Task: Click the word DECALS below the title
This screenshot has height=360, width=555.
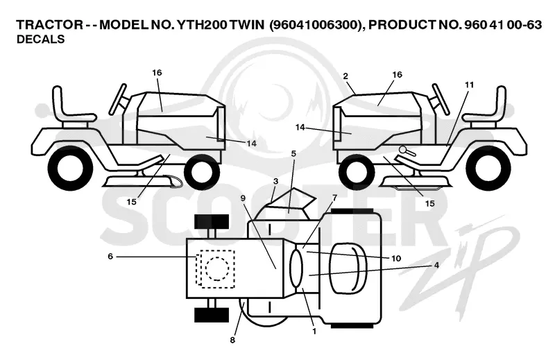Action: pos(41,40)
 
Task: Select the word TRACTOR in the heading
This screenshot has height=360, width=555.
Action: pos(49,25)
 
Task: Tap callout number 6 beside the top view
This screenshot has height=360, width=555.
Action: pos(110,256)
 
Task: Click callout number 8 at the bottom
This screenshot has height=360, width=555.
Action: pos(232,340)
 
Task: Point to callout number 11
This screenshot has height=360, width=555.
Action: pos(470,85)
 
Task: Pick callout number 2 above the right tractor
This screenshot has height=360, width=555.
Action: pos(345,76)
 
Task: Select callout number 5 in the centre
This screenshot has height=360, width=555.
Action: pos(293,153)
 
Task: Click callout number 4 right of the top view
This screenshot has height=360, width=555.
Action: pos(436,265)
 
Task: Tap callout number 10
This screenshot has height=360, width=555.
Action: pos(396,259)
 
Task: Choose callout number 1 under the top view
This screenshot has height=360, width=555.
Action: pos(314,332)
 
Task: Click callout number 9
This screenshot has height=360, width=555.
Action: pos(243,198)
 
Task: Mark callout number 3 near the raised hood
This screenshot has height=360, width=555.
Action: pos(275,181)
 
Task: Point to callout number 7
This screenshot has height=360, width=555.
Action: pos(334,197)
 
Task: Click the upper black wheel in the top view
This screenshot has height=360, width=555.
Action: pos(212,221)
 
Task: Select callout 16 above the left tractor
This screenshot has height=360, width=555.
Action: pos(157,73)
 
